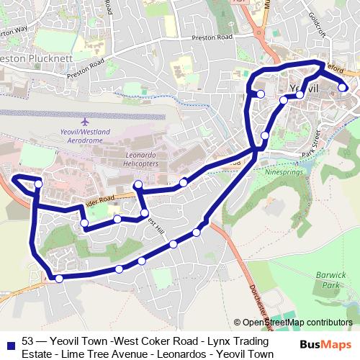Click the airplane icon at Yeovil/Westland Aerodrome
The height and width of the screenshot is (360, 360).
click(86, 121)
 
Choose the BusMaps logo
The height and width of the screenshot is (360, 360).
click(329, 345)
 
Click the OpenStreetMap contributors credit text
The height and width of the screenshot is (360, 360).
click(297, 323)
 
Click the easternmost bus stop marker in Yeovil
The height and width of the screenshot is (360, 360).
click(343, 89)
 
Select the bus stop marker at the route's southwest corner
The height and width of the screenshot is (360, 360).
click(59, 279)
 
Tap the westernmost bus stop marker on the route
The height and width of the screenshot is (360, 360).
click(38, 184)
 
